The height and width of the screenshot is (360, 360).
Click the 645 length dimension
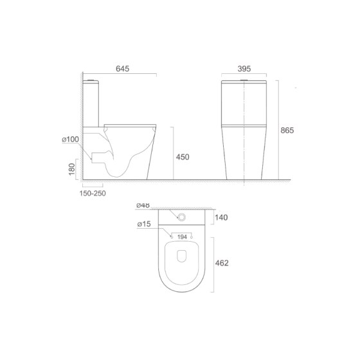click(122, 69)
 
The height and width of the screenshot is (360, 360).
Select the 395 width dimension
click(244, 69)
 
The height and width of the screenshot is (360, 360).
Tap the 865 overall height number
click(287, 130)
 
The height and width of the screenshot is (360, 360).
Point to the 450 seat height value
click(183, 157)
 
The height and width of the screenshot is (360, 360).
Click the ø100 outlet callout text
click(71, 139)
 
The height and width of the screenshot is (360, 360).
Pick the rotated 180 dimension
click(72, 169)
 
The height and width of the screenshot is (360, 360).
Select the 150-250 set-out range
click(93, 194)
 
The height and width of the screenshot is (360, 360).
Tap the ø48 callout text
click(143, 205)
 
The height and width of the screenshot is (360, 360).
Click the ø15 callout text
click(144, 224)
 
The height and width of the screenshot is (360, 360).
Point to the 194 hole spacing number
click(182, 237)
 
